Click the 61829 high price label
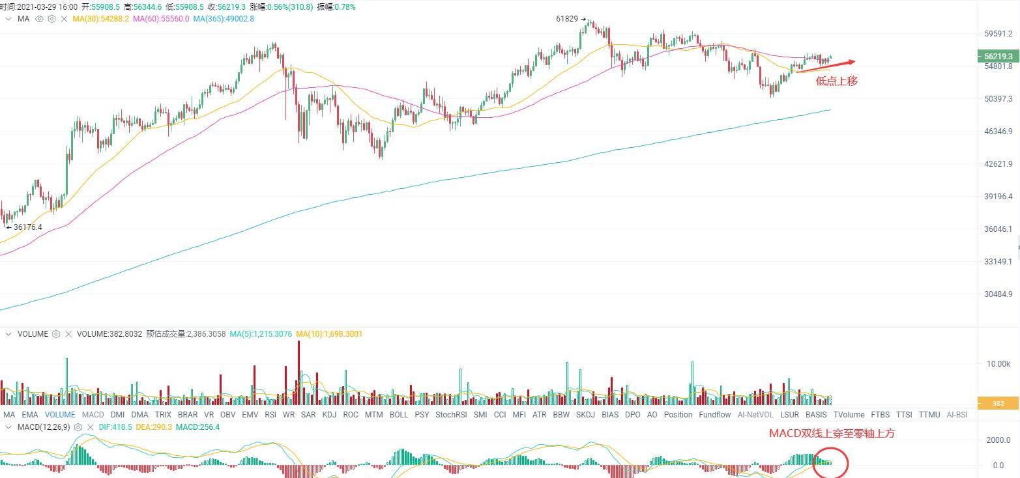(567, 19)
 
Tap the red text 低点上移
(836, 81)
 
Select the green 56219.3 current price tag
(998, 57)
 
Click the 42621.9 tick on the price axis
(998, 164)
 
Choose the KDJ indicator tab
(329, 415)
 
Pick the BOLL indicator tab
(398, 415)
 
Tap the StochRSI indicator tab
(451, 415)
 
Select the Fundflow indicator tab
(714, 415)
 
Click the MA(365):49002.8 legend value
(224, 19)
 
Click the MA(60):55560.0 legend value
(161, 19)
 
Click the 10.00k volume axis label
(997, 363)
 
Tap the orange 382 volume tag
(998, 404)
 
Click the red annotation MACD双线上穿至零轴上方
(832, 434)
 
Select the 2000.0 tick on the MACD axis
(998, 440)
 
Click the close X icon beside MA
(64, 19)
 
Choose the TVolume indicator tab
(849, 415)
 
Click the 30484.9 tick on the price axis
(998, 294)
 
